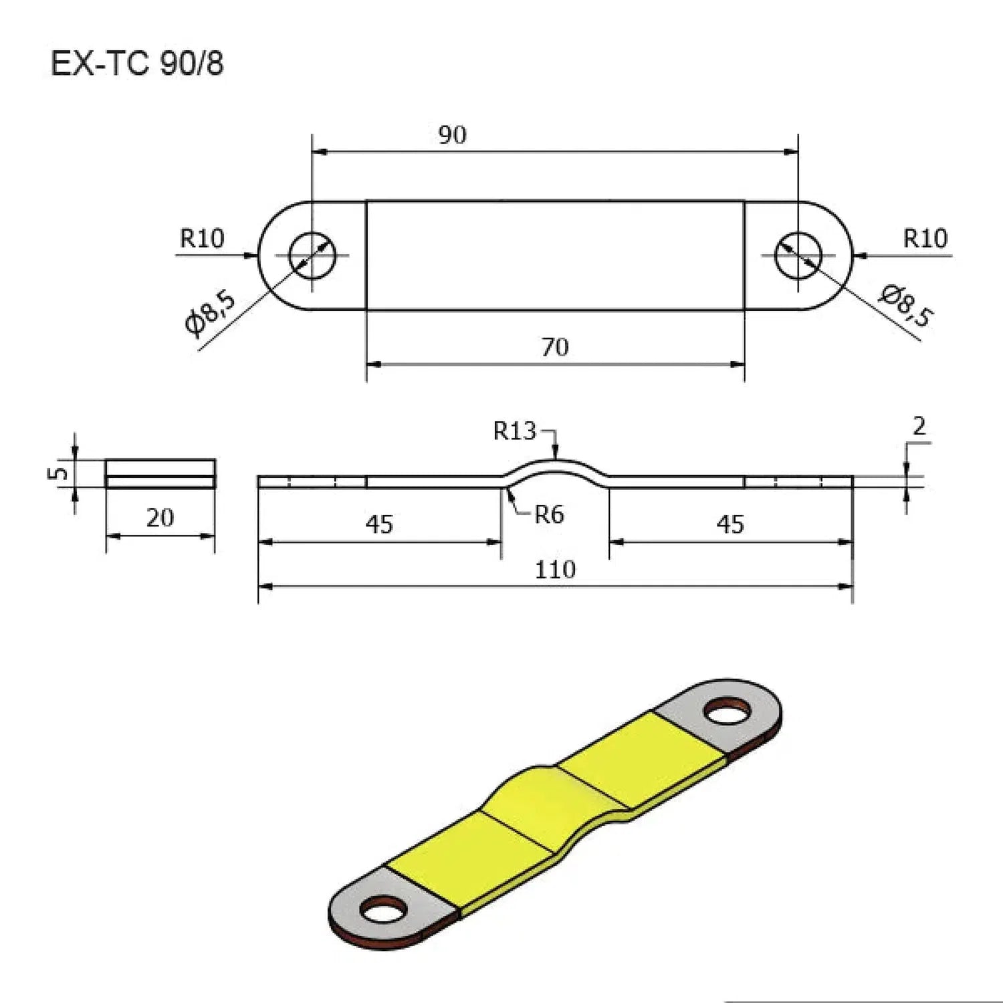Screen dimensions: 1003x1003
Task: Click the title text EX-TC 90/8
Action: [x=137, y=64]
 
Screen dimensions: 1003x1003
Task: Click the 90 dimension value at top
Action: [x=452, y=135]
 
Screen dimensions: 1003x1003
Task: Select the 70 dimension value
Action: [x=554, y=347]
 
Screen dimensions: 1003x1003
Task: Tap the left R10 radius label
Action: [x=202, y=239]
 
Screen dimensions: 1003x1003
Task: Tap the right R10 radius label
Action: [x=925, y=239]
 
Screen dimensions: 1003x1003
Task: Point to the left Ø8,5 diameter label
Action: [x=211, y=312]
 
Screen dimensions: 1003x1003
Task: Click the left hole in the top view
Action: [x=312, y=255]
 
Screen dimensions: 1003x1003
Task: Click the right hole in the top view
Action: [x=798, y=255]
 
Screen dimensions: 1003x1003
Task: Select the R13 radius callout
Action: [x=514, y=431]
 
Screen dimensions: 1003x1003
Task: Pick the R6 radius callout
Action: [x=549, y=514]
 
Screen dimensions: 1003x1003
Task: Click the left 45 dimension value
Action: [x=379, y=524]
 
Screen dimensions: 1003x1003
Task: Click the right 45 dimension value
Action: [x=730, y=524]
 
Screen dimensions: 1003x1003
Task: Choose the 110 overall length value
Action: [x=555, y=570]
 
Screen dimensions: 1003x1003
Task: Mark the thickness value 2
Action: [x=919, y=426]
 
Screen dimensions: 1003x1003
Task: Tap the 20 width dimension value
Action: [x=160, y=518]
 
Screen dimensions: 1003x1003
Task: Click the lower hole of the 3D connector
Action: [x=384, y=909]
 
